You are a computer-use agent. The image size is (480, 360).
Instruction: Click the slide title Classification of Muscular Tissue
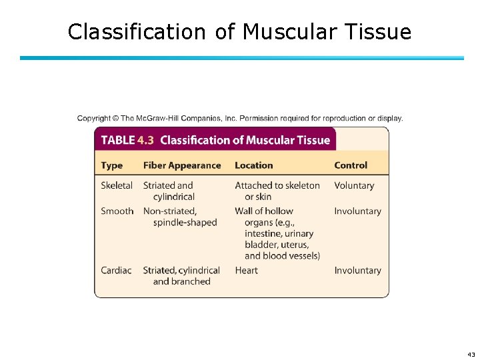[239, 31]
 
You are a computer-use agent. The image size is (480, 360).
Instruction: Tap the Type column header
[112, 165]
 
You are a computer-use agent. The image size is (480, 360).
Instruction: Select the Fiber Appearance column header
[182, 165]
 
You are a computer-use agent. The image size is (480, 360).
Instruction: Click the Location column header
[254, 165]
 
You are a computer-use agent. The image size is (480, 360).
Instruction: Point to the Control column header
[351, 165]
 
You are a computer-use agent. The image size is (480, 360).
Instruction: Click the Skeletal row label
[117, 185]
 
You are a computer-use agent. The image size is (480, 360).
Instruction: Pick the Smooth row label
[117, 211]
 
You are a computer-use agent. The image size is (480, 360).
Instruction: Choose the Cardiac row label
[117, 271]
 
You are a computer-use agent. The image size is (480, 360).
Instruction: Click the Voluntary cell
[354, 185]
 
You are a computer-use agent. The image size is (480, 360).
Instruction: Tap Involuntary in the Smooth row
[358, 211]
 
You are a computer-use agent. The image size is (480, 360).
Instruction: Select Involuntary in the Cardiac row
[358, 271]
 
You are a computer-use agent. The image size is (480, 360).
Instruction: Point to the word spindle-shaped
[185, 223]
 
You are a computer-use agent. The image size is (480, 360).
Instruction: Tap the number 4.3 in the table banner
[145, 140]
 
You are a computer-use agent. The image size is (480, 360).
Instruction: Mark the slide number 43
[471, 354]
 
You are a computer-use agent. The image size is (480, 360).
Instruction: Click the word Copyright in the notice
[94, 119]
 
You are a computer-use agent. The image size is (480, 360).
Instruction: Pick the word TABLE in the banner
[118, 140]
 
